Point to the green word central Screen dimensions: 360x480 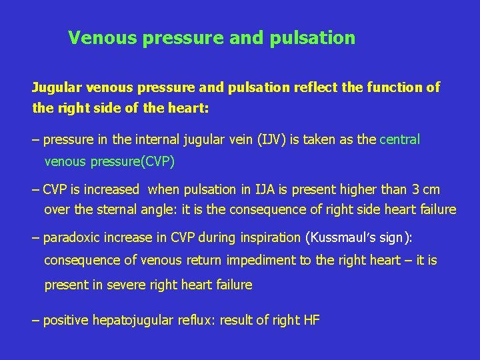click(399, 140)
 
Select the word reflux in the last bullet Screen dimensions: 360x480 click(195, 320)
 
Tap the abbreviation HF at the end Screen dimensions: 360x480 click(311, 320)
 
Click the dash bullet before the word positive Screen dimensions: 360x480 click(36, 320)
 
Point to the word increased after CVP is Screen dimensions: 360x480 click(109, 189)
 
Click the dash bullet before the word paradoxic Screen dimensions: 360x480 click(36, 237)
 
